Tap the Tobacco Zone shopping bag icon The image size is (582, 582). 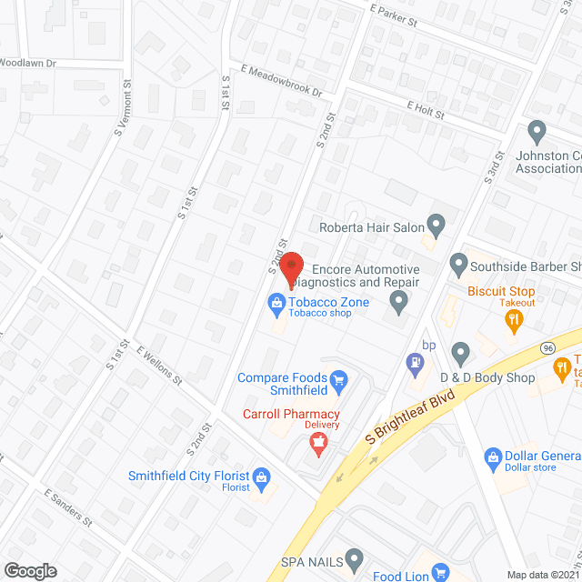click(x=275, y=302)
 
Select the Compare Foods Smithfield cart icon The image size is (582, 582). click(x=339, y=378)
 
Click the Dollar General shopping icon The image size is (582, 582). click(x=493, y=456)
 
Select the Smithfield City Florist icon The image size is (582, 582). click(x=261, y=476)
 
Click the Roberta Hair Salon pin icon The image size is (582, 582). click(x=436, y=224)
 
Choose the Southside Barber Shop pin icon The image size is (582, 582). click(x=459, y=266)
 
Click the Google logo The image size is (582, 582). click(x=30, y=570)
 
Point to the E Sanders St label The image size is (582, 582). click(x=69, y=507)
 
